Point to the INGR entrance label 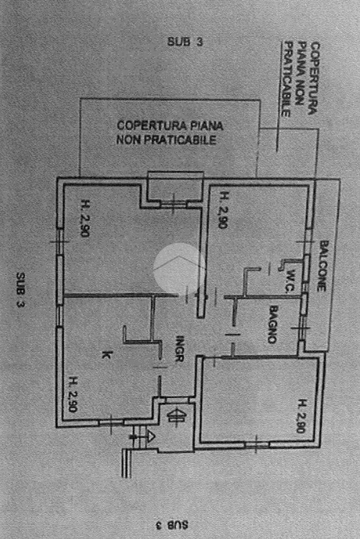(179, 348)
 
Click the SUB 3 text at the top (185, 42)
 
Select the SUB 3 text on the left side (21, 289)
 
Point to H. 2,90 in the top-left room (84, 218)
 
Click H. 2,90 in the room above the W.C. (222, 210)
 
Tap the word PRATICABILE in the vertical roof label (286, 80)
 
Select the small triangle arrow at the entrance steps (151, 437)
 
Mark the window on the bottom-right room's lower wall (257, 445)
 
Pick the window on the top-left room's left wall (60, 241)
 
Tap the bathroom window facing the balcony (302, 328)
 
